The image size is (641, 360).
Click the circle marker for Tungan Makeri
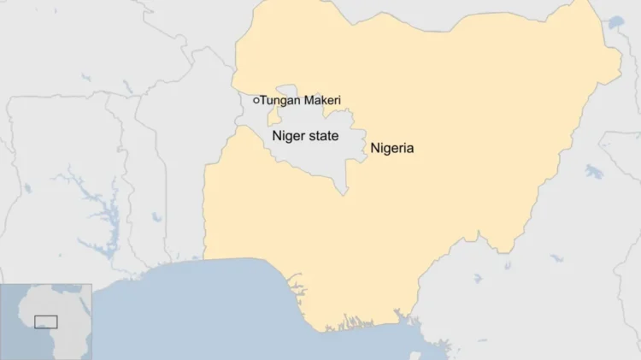click(256, 100)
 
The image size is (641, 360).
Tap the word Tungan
click(280, 101)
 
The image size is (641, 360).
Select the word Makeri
click(322, 100)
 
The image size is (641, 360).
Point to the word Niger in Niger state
click(288, 136)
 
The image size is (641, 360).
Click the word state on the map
click(323, 136)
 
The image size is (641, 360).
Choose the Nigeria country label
click(391, 148)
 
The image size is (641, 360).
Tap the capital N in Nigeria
click(374, 148)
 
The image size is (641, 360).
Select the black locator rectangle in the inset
click(45, 322)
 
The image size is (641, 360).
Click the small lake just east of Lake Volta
click(156, 217)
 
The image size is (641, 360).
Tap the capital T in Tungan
click(263, 100)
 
